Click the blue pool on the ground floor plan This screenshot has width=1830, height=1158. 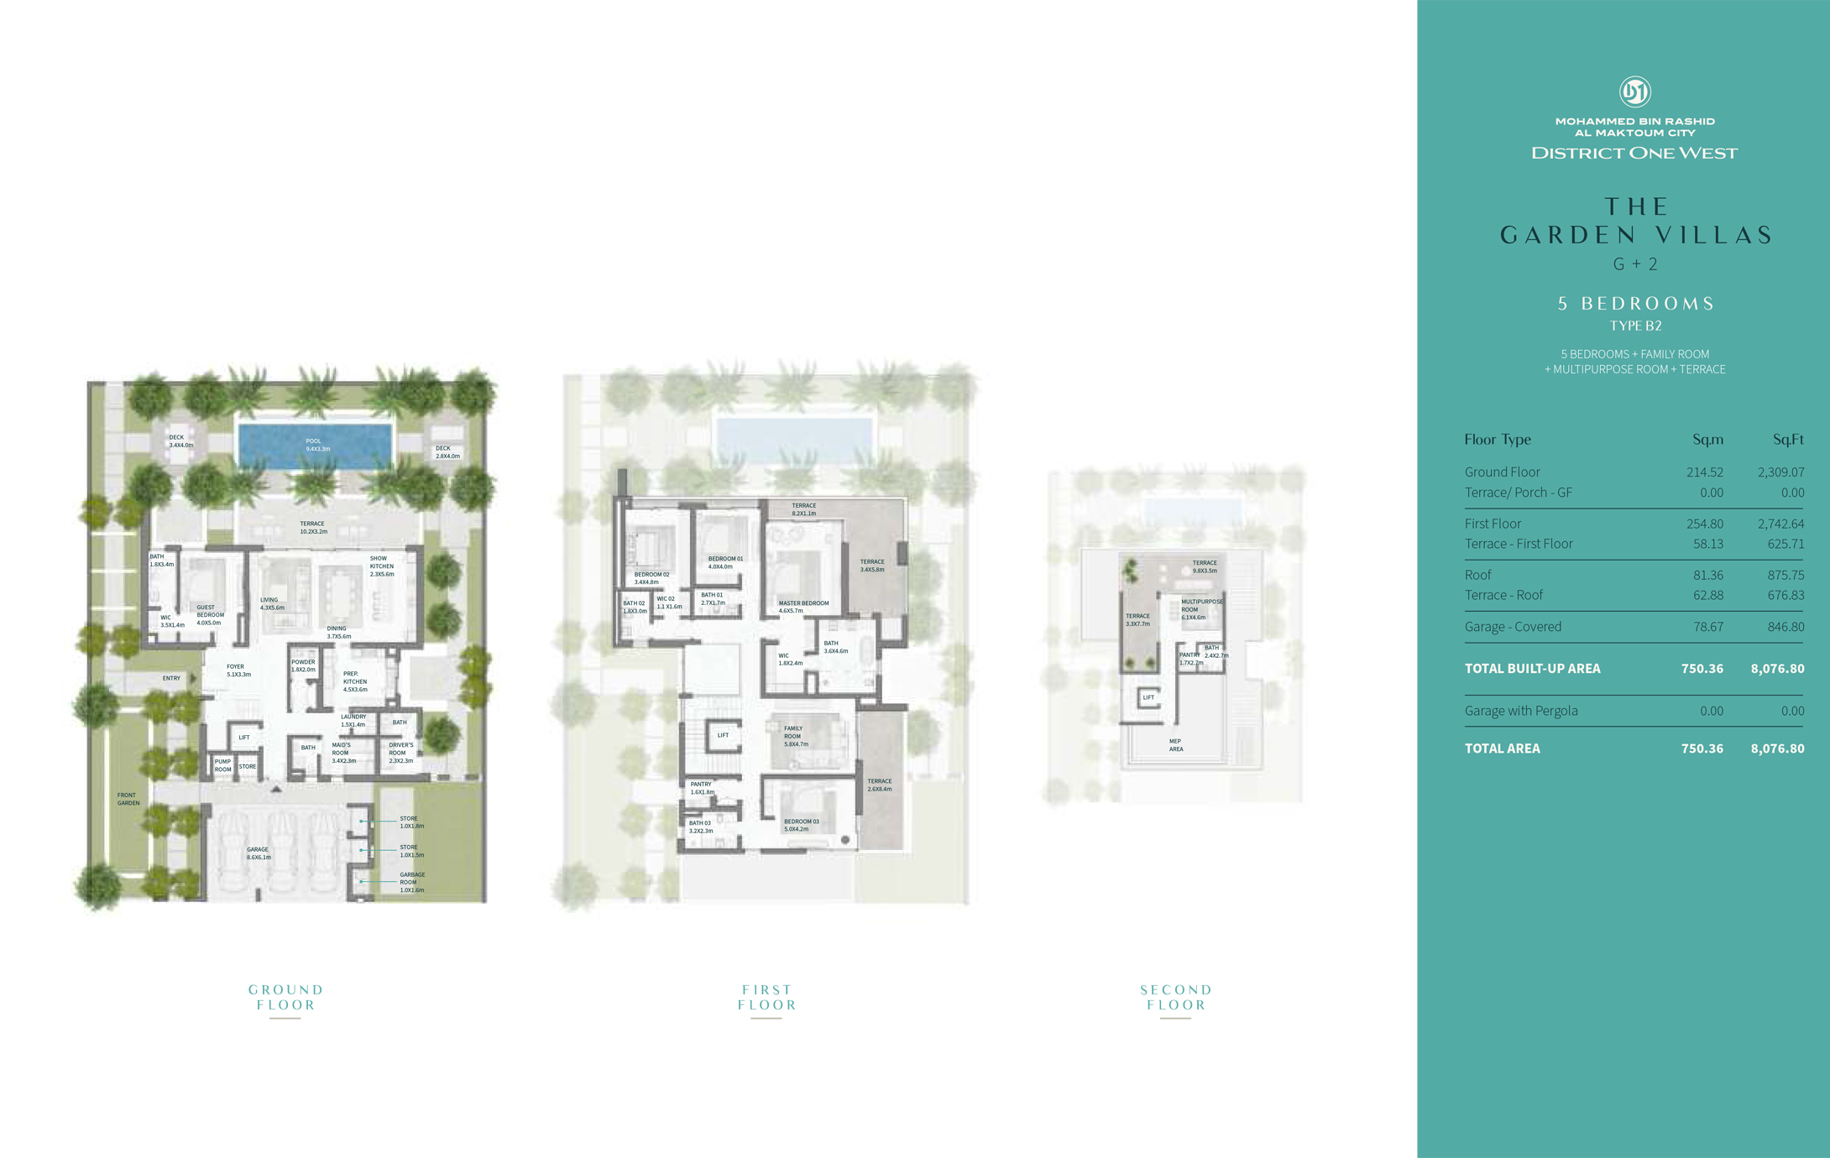click(x=315, y=445)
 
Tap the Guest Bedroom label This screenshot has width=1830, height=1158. click(x=210, y=615)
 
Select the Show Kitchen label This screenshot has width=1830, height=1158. click(x=382, y=566)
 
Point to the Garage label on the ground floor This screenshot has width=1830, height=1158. click(x=259, y=853)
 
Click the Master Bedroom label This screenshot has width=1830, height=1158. click(x=803, y=607)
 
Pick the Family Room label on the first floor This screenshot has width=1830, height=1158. click(x=796, y=736)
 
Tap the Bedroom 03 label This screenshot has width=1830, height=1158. click(x=801, y=825)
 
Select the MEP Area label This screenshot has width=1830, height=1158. click(x=1176, y=745)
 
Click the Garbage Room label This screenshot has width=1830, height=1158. click(x=412, y=882)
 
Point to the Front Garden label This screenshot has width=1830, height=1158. click(x=128, y=799)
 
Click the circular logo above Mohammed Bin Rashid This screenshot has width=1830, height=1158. click(x=1634, y=91)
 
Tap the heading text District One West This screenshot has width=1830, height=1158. click(x=1634, y=153)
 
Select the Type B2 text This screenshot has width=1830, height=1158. click(x=1635, y=326)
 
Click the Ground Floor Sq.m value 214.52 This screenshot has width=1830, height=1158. click(x=1705, y=472)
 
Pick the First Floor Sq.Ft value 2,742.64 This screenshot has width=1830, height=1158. click(x=1780, y=524)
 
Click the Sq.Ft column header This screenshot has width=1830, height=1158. click(x=1788, y=439)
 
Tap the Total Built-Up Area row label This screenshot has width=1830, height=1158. click(x=1532, y=669)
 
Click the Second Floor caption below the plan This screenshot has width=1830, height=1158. click(x=1176, y=997)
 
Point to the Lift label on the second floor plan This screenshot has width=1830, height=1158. click(x=1148, y=697)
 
